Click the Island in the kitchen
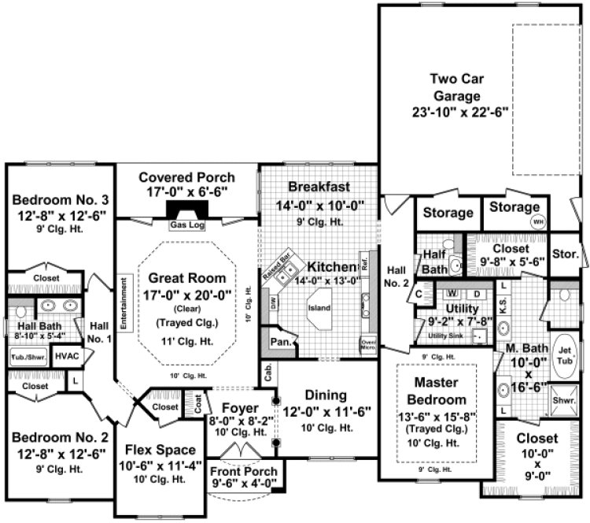point(319,307)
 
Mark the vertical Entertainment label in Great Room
point(124,301)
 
